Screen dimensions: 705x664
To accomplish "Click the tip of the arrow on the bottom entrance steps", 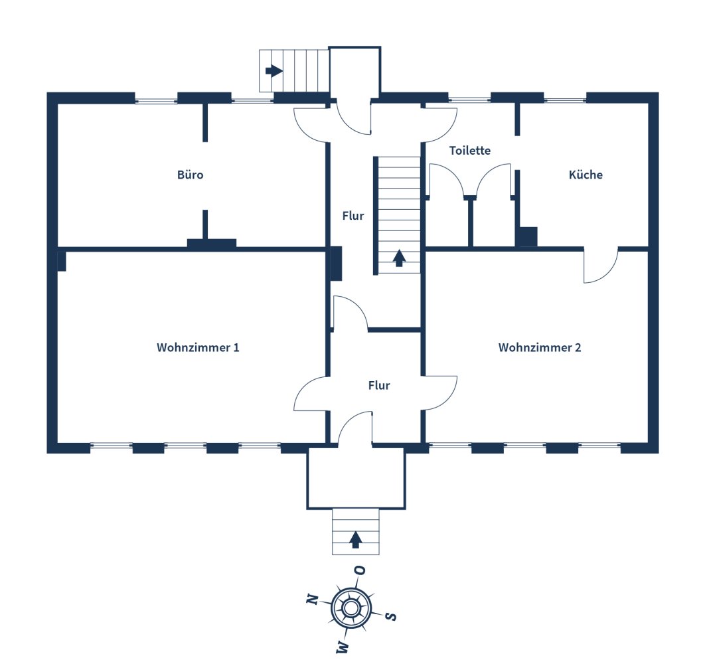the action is (356, 532).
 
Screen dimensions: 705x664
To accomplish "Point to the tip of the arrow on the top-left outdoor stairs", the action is (283, 70).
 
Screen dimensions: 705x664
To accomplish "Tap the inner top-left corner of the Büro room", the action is (58, 104).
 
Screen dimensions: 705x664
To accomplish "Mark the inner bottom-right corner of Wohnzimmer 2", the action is (647, 443).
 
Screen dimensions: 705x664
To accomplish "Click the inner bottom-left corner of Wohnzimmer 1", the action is (58, 443).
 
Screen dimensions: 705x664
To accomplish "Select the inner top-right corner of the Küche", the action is (647, 104).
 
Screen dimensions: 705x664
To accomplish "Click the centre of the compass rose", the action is (351, 608).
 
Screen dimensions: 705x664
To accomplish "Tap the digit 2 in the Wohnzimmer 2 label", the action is (578, 347).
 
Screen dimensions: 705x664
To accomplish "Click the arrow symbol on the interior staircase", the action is (399, 258).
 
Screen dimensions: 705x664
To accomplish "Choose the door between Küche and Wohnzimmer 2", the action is (601, 266).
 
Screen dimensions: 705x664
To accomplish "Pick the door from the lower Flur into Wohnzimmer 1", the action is (311, 393).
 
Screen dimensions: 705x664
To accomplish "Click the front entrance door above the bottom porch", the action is (355, 428).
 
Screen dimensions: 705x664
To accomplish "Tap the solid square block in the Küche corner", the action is (526, 236).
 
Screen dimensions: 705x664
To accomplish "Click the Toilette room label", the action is (470, 150).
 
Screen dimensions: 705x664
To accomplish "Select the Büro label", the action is (190, 175).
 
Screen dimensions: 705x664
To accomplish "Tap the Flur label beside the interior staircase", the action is (353, 216).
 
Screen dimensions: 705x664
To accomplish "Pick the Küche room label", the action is (586, 175).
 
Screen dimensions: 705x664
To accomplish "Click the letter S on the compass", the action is (391, 616).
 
